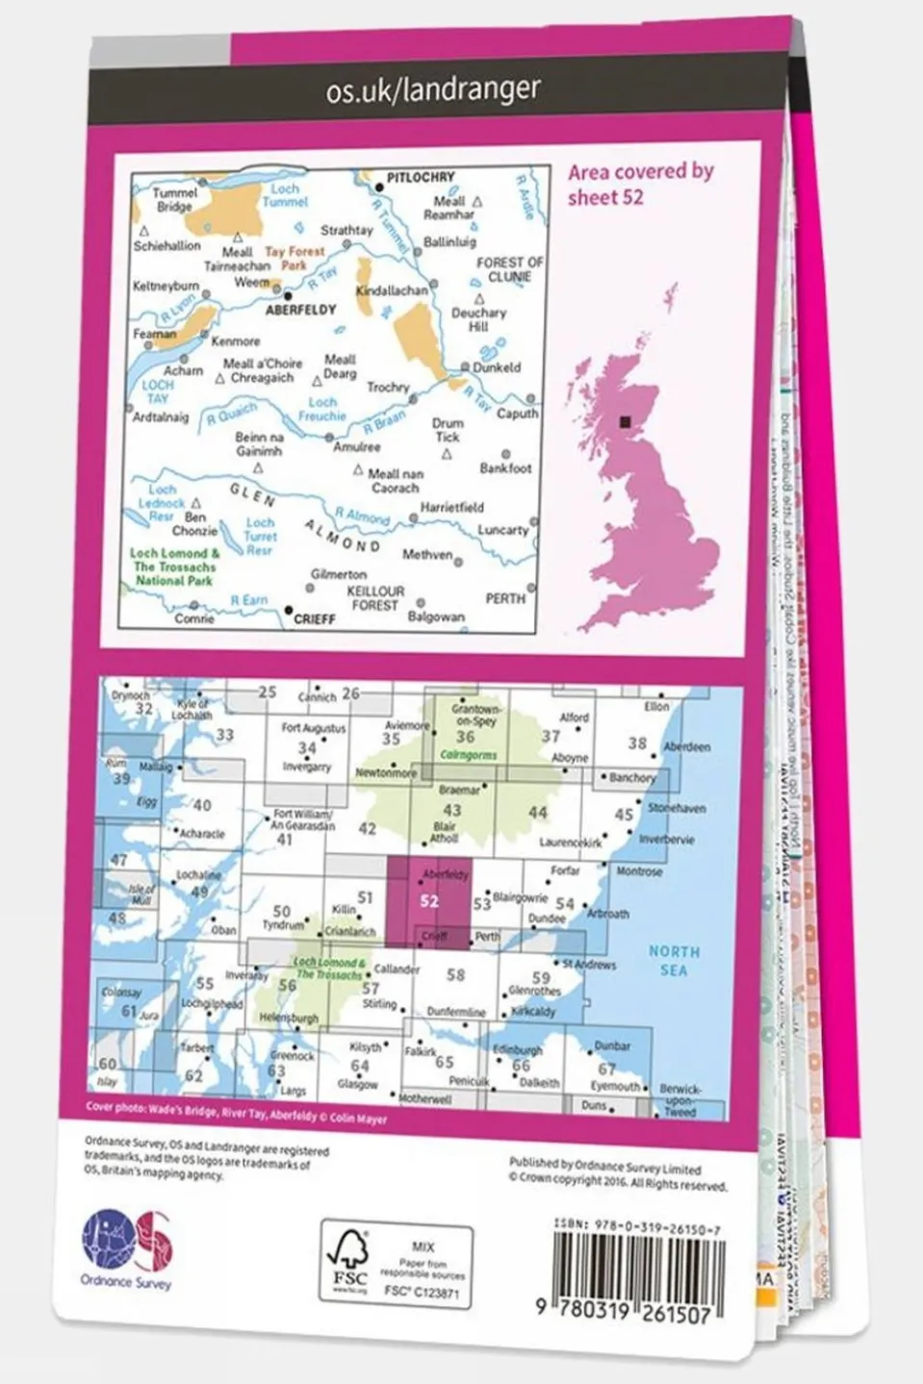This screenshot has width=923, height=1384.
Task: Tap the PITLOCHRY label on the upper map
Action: click(x=420, y=177)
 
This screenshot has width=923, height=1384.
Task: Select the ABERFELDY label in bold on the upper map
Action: click(x=301, y=310)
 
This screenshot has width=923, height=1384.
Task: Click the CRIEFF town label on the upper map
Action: click(x=314, y=618)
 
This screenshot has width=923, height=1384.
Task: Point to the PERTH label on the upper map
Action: click(x=505, y=598)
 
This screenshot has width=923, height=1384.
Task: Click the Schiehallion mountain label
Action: click(x=167, y=246)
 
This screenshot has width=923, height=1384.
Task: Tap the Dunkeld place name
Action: click(x=497, y=366)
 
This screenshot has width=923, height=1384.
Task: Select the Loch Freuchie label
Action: click(x=321, y=410)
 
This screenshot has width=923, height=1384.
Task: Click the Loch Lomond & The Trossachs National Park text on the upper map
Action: click(x=174, y=566)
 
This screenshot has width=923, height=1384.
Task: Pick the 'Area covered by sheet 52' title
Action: click(x=640, y=184)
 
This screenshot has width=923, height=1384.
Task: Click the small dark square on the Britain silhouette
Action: click(x=627, y=420)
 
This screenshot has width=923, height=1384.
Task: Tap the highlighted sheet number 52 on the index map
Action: click(x=429, y=901)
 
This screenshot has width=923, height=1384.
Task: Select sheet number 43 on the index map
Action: click(x=451, y=810)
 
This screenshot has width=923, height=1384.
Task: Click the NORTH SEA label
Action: click(x=674, y=960)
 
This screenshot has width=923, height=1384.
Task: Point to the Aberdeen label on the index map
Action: click(x=686, y=746)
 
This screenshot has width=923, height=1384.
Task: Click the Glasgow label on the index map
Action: click(x=357, y=1084)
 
